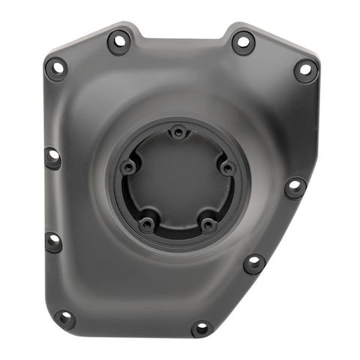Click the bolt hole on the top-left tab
[119, 40]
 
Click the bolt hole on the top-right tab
[243, 41]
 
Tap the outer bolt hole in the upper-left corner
[55, 67]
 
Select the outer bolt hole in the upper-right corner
[304, 70]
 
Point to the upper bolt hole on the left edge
[53, 157]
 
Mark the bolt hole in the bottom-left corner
[65, 319]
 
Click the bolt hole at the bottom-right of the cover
[201, 328]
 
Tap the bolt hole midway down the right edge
[295, 186]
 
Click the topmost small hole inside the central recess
[177, 133]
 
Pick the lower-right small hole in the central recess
[209, 223]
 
